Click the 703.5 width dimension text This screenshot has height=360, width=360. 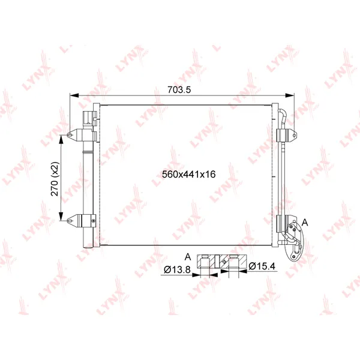(x=179, y=89)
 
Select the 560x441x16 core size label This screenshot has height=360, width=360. (x=189, y=174)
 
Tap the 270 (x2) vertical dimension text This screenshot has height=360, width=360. (x=55, y=179)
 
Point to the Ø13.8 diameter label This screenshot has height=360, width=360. (x=177, y=269)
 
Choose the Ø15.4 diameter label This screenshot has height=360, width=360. (x=262, y=266)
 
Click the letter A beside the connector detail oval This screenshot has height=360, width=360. (x=305, y=222)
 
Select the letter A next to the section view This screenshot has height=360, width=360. (x=188, y=257)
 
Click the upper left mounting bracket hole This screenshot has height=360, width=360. (x=70, y=135)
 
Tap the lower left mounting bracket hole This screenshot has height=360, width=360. (x=70, y=221)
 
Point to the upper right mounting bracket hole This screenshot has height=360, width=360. (x=295, y=136)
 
